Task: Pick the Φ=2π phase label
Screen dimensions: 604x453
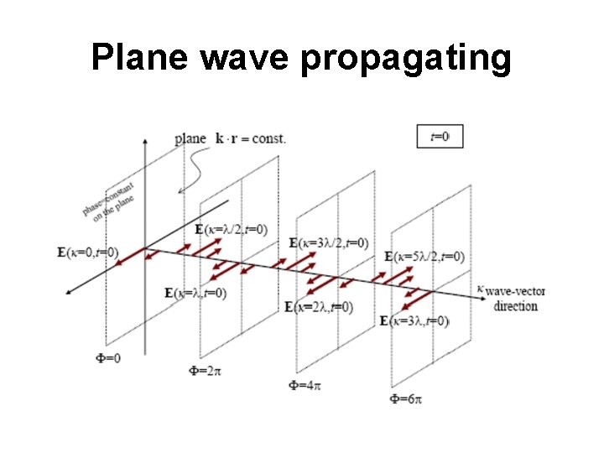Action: coord(206,369)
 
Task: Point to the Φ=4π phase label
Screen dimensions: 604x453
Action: coord(305,385)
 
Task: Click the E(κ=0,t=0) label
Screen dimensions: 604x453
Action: coord(89,252)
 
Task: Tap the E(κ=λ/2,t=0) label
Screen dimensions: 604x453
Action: coord(232,230)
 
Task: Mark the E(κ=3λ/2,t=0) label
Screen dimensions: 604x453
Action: coord(329,243)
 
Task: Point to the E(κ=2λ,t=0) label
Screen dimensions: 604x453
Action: coord(319,307)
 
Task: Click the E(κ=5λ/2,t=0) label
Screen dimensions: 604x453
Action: coord(424,257)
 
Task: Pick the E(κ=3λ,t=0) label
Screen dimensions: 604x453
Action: coord(414,320)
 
